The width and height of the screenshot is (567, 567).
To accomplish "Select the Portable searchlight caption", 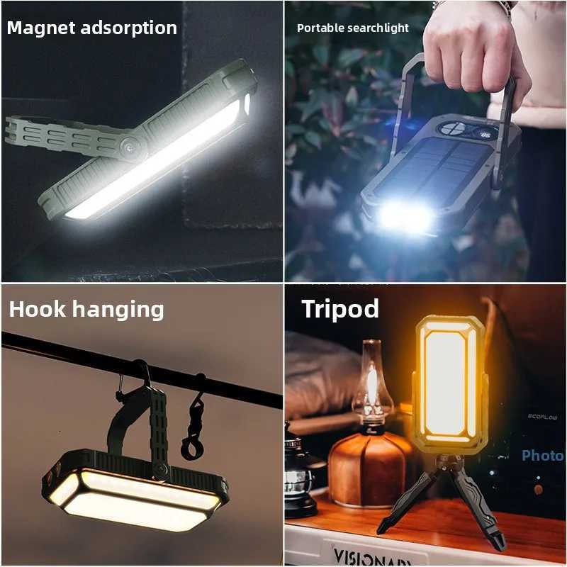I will pos(352,28).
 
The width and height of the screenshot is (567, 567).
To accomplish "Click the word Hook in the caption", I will pos(37,310).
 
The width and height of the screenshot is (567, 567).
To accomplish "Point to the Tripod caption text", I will pos(339,309).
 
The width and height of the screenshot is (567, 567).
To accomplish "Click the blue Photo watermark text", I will pos(542,456).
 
